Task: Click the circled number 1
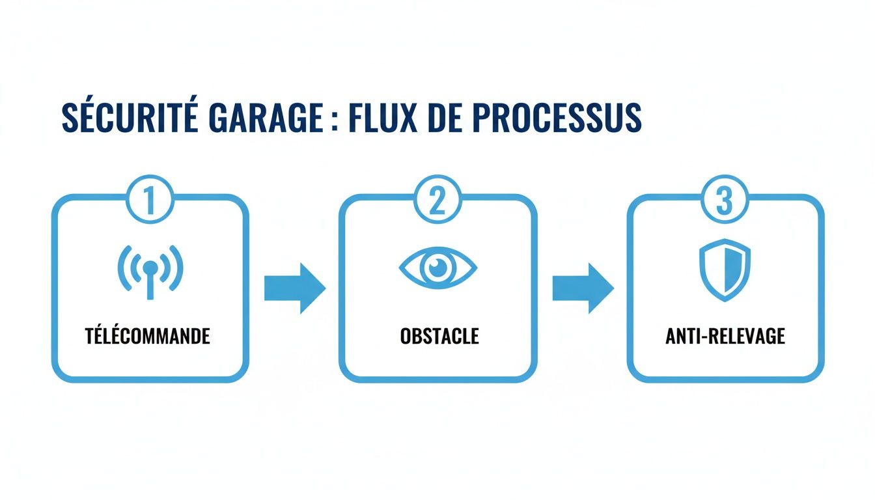(x=150, y=201)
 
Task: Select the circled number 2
(x=437, y=201)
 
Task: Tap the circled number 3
(x=725, y=201)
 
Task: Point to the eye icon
(x=437, y=267)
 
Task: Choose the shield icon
(x=725, y=270)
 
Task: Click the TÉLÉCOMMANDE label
(x=148, y=336)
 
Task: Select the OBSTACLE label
(x=438, y=336)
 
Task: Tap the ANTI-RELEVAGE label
(x=725, y=336)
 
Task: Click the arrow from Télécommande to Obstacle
(x=294, y=288)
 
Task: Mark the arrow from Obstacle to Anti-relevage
(x=583, y=288)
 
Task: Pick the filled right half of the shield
(x=734, y=268)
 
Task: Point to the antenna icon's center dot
(x=150, y=266)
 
